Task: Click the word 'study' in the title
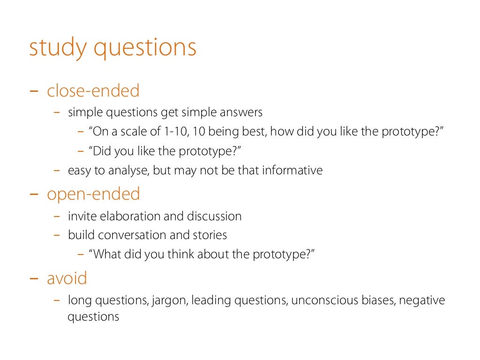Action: tap(58, 49)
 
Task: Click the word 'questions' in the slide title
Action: tap(145, 49)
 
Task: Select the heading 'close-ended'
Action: tap(93, 90)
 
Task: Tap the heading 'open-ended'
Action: tap(93, 194)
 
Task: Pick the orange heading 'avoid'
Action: tap(67, 278)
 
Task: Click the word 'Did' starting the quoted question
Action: tap(102, 151)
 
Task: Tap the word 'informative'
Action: tap(292, 170)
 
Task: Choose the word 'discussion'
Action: tap(214, 216)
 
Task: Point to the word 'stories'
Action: tap(210, 235)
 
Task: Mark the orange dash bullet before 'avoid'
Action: tap(34, 278)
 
